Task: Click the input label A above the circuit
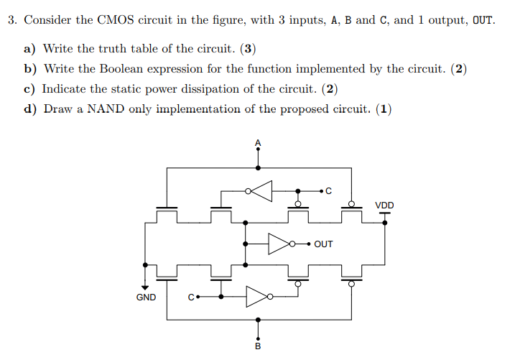point(259,142)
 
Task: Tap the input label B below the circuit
point(259,347)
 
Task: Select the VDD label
point(384,206)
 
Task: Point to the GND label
point(146,297)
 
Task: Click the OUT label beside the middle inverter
point(324,244)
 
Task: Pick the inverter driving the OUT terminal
point(280,244)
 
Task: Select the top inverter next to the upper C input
point(263,191)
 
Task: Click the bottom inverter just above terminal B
point(258,295)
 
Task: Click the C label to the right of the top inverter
point(329,191)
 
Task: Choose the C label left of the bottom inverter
point(190,296)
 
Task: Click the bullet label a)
point(30,49)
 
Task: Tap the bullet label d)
point(30,109)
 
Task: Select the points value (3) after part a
point(248,49)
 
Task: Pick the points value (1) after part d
point(384,109)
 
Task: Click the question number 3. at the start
point(13,20)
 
